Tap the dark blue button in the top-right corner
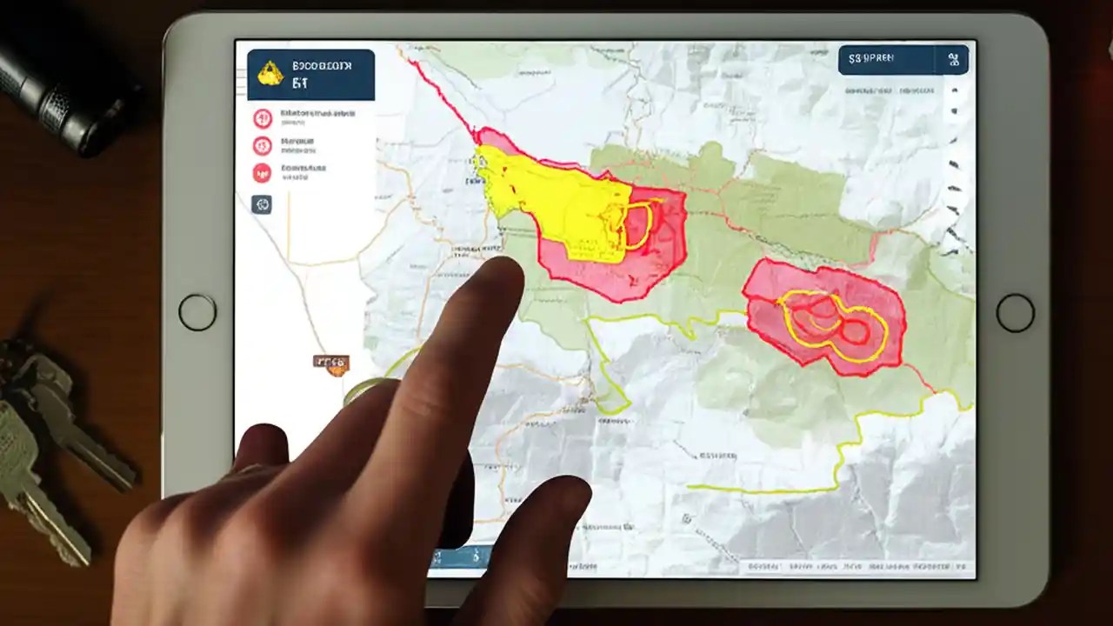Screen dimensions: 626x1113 (x=903, y=60)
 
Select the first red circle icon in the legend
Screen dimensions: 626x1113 (x=262, y=118)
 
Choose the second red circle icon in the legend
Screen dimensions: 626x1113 (x=262, y=145)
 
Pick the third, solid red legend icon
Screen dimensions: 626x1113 (x=262, y=172)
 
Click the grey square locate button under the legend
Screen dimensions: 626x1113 (x=262, y=204)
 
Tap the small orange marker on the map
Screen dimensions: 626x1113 (x=331, y=363)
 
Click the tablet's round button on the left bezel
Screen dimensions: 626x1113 (x=197, y=312)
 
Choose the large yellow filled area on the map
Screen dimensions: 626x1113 (x=556, y=200)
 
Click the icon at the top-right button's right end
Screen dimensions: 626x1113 (x=953, y=60)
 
